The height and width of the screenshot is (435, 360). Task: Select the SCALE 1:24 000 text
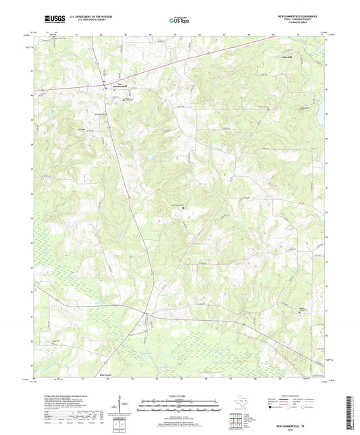[x=180, y=396]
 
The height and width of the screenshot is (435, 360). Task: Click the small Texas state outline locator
[x=240, y=406]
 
